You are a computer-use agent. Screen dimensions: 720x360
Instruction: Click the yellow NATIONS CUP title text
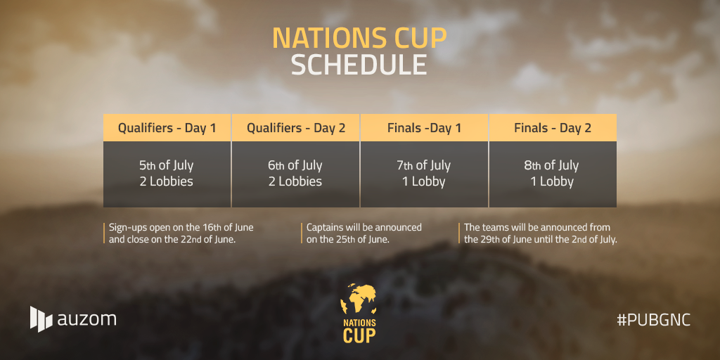pyautogui.click(x=359, y=38)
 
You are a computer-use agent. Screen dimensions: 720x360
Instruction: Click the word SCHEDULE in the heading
pyautogui.click(x=359, y=65)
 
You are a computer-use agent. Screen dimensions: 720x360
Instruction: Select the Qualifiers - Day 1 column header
pyautogui.click(x=167, y=128)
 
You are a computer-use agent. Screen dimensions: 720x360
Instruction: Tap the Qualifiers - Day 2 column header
pyautogui.click(x=296, y=128)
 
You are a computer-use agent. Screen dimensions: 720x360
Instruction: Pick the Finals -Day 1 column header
pyautogui.click(x=424, y=128)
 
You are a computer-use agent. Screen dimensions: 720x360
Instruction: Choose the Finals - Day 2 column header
pyautogui.click(x=553, y=128)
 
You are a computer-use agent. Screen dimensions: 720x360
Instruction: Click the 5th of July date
pyautogui.click(x=166, y=165)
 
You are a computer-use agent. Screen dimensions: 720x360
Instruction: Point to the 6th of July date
pyautogui.click(x=295, y=165)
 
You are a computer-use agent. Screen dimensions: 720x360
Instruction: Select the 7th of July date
pyautogui.click(x=424, y=165)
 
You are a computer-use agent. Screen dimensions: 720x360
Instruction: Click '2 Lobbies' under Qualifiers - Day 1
pyautogui.click(x=166, y=181)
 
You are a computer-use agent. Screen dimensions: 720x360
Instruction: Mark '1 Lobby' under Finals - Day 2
pyautogui.click(x=552, y=182)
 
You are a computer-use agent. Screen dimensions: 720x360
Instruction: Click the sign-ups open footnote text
pyautogui.click(x=181, y=233)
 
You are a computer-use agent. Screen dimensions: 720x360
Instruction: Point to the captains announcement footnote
pyautogui.click(x=364, y=233)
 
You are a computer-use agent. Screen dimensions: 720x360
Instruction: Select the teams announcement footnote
pyautogui.click(x=541, y=233)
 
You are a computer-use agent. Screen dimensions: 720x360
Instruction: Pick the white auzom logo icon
pyautogui.click(x=41, y=319)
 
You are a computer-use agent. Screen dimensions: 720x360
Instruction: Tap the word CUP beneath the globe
pyautogui.click(x=359, y=335)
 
